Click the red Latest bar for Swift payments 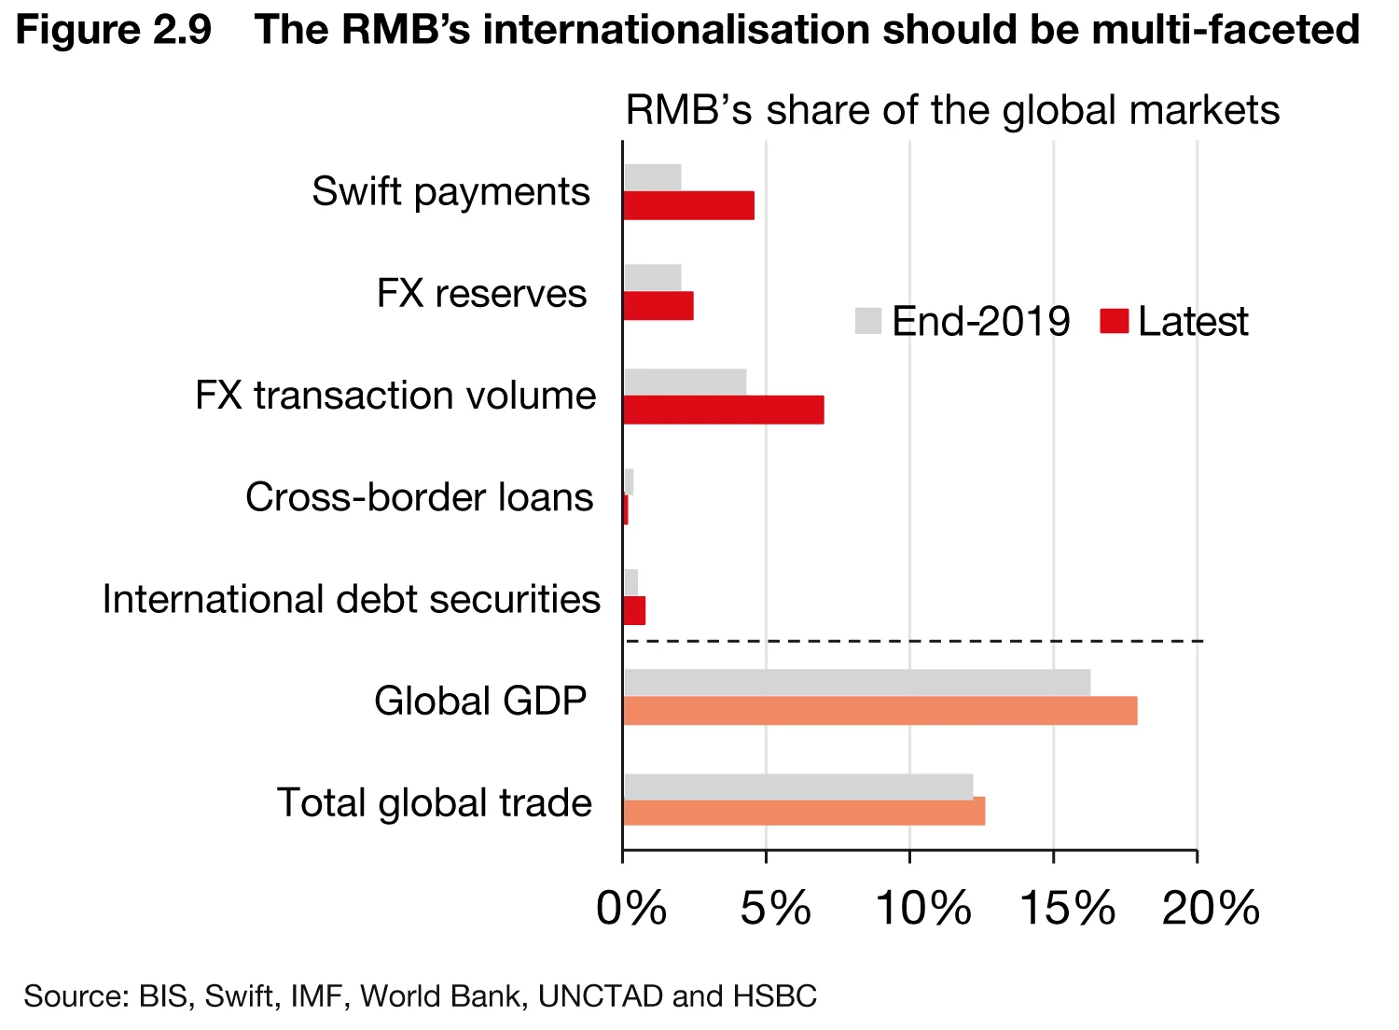click(688, 205)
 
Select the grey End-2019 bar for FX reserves click(652, 277)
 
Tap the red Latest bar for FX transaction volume click(723, 410)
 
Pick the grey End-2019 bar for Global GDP click(856, 683)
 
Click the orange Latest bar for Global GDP click(880, 711)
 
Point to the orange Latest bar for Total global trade click(803, 812)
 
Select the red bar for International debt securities click(634, 611)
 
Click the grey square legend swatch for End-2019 click(867, 321)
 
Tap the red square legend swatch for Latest click(1114, 321)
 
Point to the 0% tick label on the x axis click(631, 907)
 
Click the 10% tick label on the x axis click(922, 907)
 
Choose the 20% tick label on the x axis click(1211, 907)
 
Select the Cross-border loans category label click(419, 497)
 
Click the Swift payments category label click(450, 192)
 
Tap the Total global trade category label click(434, 803)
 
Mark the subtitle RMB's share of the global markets click(951, 110)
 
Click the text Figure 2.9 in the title click(114, 30)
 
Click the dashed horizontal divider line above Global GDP click(914, 642)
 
